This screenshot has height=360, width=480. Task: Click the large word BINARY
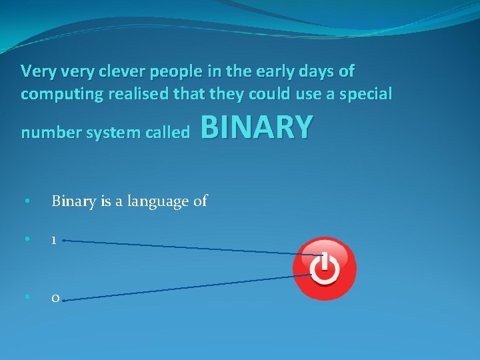256,127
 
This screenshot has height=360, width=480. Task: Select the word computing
55,95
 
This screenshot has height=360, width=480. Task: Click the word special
365,94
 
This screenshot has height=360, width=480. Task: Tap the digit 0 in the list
54,298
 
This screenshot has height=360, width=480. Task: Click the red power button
325,269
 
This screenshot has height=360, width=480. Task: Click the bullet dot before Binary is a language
25,200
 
